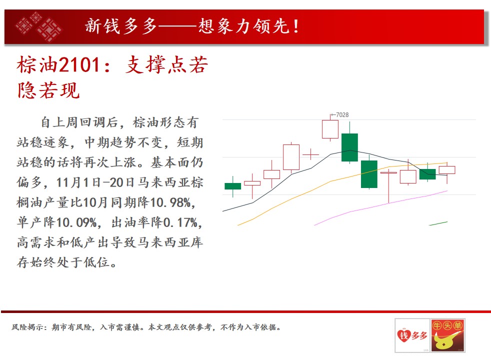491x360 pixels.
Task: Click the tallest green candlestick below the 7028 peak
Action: [349, 147]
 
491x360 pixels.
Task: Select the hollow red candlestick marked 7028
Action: [330, 129]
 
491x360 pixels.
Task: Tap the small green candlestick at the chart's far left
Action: [232, 186]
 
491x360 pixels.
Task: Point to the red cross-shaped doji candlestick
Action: [310, 154]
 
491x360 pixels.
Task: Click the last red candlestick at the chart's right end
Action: [447, 170]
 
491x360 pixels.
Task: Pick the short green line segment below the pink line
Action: [438, 223]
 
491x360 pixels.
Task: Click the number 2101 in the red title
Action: [79, 65]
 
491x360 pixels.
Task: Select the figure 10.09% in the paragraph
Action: [76, 222]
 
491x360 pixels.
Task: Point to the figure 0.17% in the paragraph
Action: [180, 222]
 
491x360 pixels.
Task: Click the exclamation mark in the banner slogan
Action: [295, 26]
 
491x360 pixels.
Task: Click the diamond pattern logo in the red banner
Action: [38, 26]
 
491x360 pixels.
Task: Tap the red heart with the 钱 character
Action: [403, 335]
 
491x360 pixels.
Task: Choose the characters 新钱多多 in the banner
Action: [121, 26]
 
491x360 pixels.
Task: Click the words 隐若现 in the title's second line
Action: [48, 91]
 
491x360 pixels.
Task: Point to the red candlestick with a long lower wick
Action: [388, 186]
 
